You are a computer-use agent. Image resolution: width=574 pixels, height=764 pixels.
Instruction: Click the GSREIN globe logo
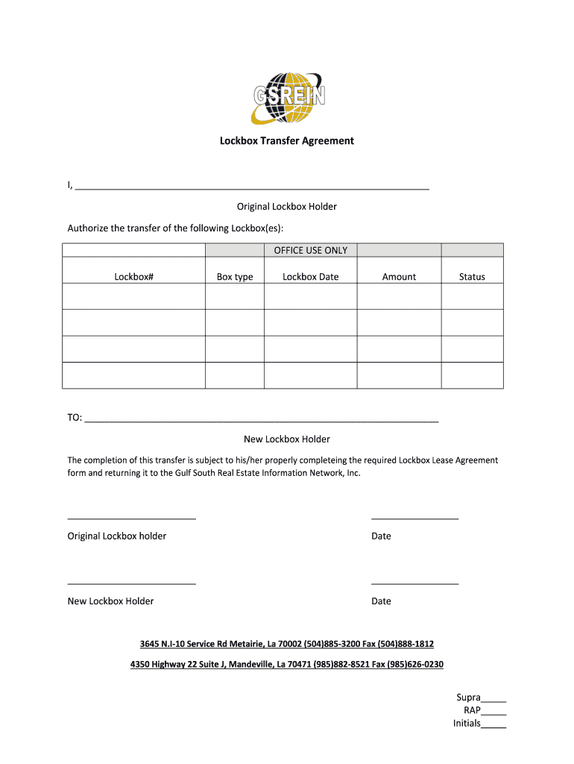[287, 96]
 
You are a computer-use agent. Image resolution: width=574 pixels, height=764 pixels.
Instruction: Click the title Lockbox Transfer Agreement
[287, 140]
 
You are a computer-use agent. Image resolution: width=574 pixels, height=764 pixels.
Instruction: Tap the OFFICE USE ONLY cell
[310, 251]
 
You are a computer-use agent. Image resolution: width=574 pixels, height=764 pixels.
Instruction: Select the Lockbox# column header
[133, 277]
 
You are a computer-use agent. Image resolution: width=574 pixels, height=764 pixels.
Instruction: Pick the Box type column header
[235, 277]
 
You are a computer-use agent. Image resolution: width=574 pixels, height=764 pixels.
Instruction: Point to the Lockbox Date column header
[310, 277]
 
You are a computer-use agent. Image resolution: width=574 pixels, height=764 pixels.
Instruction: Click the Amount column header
[399, 277]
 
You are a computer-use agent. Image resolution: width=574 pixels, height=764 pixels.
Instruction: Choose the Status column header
[472, 277]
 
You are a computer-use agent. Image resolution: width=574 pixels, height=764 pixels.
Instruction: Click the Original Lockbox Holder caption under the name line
[287, 207]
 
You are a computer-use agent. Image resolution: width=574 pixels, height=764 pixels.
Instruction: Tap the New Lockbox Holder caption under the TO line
[287, 439]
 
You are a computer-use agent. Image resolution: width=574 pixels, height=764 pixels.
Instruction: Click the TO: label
[75, 418]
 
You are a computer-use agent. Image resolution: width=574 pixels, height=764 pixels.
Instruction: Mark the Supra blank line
[493, 700]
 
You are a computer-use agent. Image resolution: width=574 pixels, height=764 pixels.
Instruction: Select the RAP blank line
[493, 713]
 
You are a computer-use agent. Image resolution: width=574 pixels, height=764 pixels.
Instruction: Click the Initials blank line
[493, 725]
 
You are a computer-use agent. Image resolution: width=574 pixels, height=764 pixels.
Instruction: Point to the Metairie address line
[287, 644]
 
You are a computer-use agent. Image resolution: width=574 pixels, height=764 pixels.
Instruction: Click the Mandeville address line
[287, 665]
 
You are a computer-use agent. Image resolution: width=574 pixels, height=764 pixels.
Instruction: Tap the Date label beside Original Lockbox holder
[381, 536]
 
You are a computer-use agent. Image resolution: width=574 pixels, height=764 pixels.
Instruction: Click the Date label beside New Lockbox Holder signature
[381, 601]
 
